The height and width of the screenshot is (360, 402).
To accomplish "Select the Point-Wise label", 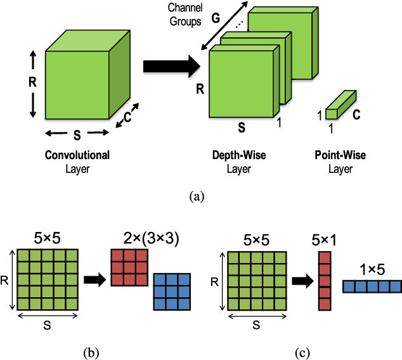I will pos(340,155).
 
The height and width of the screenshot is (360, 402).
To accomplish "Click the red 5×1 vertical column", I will pos(324,280).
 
